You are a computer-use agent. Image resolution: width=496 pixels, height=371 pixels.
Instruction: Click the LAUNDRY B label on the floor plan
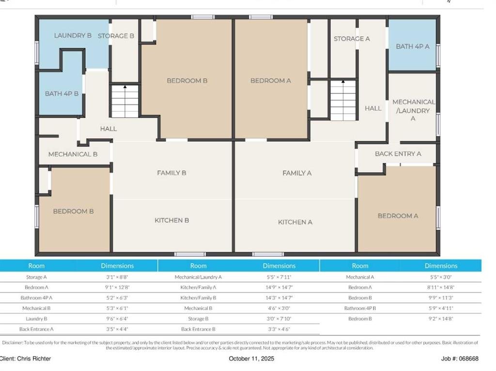tap(73, 35)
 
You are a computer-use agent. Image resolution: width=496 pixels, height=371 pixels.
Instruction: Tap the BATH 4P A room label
tap(413, 46)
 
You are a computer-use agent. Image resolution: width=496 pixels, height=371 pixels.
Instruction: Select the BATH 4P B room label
tap(62, 93)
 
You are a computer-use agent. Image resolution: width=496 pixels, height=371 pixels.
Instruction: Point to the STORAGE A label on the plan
tap(352, 39)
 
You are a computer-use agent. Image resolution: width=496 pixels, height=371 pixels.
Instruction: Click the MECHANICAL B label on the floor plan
tap(73, 154)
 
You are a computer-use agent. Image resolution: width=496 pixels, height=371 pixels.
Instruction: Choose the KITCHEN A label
tap(295, 222)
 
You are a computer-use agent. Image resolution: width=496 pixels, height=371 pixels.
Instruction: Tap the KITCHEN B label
tap(172, 220)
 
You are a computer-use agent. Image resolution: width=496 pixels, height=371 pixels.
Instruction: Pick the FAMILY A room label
tap(297, 173)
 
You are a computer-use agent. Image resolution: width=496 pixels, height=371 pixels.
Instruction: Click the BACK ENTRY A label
tap(398, 154)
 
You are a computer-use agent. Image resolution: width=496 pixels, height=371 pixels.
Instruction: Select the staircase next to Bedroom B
tap(125, 101)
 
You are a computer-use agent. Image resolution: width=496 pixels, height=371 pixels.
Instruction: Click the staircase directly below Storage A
tap(343, 100)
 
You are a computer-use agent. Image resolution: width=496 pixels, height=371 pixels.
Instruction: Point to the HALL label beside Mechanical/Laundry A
tap(373, 108)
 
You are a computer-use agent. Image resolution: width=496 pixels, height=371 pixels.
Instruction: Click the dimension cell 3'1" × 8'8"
tap(117, 277)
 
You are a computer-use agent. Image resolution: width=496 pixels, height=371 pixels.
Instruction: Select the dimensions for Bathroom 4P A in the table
tap(117, 297)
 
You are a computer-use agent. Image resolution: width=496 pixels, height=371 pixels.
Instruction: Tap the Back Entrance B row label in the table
tap(198, 329)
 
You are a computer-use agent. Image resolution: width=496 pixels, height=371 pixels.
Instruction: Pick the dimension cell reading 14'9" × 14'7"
tap(279, 287)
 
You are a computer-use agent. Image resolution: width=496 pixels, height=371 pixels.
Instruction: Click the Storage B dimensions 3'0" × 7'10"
tap(279, 319)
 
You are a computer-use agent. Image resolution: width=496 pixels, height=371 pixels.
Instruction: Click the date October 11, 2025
tap(251, 359)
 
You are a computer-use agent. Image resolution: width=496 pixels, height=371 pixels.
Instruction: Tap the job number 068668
tap(469, 359)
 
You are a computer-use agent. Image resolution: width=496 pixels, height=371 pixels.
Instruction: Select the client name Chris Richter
tap(34, 359)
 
